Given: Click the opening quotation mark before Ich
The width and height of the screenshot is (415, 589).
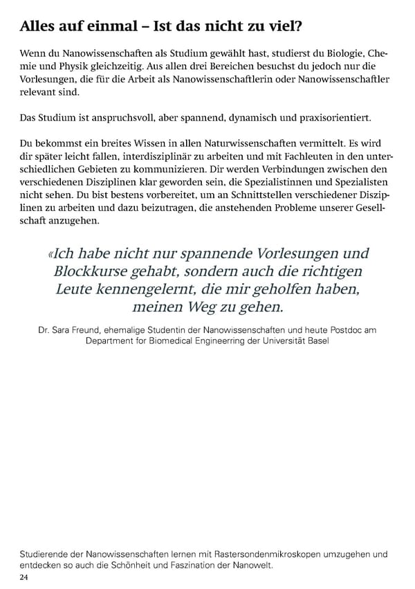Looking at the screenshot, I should (50, 254).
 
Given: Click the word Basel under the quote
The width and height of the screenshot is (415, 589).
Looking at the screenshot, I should (315, 342).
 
